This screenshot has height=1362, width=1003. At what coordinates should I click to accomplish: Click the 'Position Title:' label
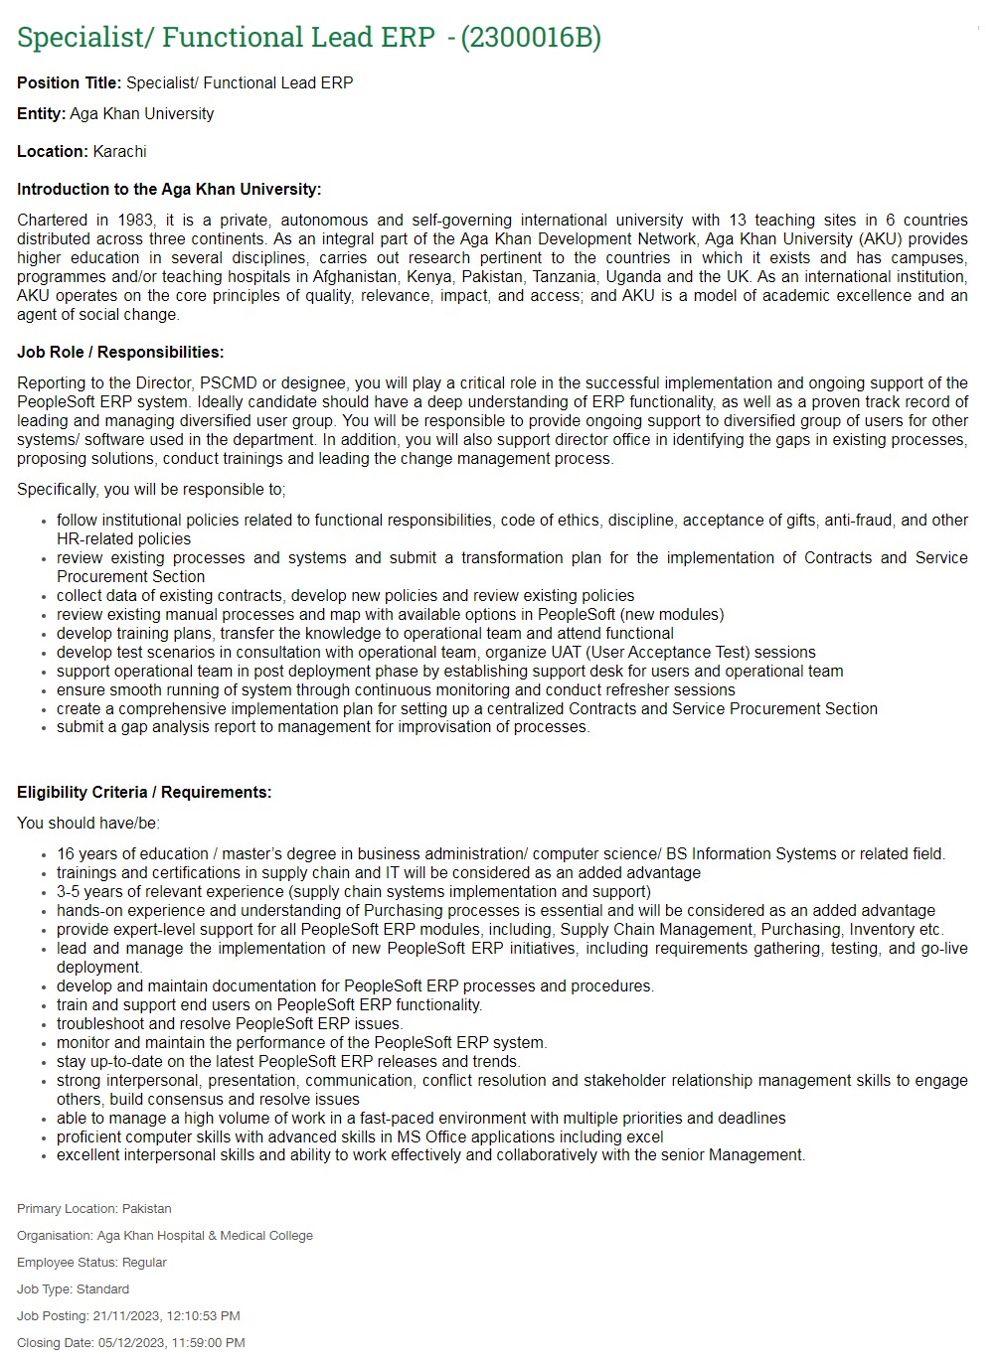click(69, 82)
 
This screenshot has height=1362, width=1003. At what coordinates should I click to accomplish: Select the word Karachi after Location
click(119, 151)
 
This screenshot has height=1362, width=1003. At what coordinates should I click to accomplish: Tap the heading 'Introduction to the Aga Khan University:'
click(169, 189)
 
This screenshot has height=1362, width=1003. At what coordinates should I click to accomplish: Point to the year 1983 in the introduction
click(136, 220)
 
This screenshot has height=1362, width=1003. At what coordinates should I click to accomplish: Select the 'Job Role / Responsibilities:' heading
click(120, 352)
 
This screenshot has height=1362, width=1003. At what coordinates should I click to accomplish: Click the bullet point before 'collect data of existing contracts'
click(44, 596)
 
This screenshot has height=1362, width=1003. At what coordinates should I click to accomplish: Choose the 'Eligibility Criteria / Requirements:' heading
click(144, 792)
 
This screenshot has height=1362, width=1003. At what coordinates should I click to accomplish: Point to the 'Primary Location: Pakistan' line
click(94, 1209)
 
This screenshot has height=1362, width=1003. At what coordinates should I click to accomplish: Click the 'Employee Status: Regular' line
click(91, 1263)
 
